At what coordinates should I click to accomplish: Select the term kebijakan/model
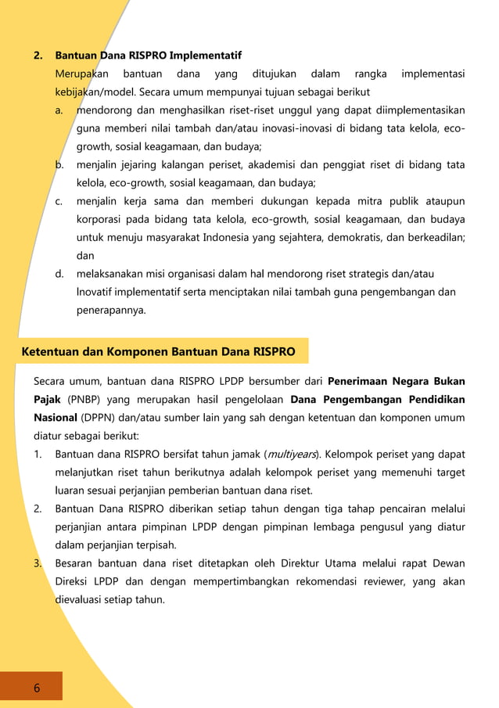[x=88, y=92]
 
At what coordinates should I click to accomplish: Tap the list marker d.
[x=59, y=274]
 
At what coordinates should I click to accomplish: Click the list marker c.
[x=59, y=202]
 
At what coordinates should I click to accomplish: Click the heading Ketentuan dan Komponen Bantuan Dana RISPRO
[x=159, y=352]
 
